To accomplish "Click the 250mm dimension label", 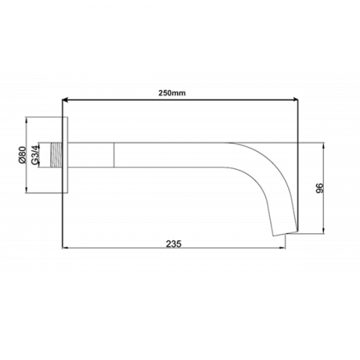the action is tap(172, 93).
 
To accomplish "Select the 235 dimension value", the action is tap(174, 244).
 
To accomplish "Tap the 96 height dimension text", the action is tap(320, 188).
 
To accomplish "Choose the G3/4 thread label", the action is tap(35, 155).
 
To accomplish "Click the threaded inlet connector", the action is tap(56, 155).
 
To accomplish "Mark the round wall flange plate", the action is tap(65, 155).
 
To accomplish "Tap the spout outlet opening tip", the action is tap(286, 233).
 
